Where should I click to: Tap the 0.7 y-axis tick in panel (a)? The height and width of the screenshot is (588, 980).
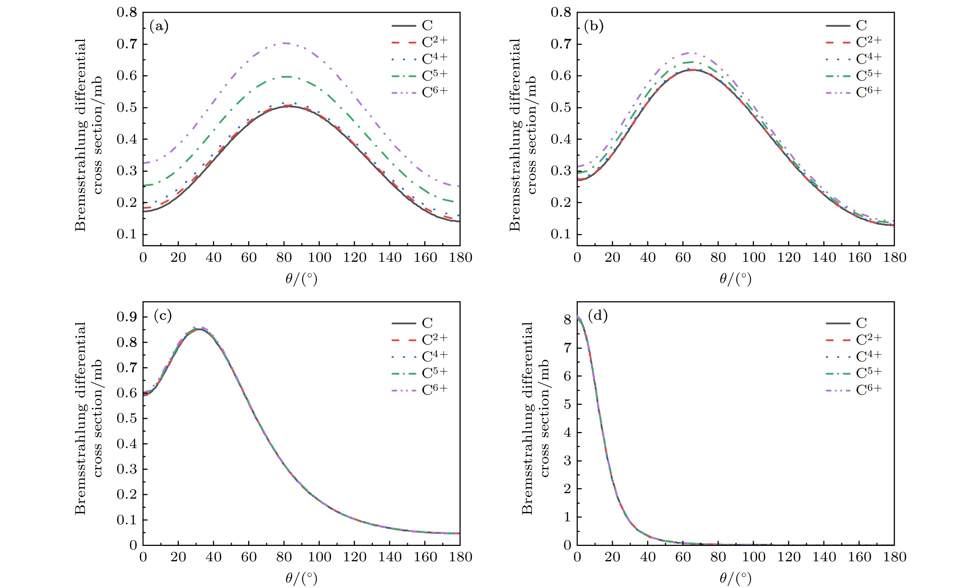(126, 44)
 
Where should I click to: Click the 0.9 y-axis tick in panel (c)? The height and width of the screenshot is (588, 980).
(126, 317)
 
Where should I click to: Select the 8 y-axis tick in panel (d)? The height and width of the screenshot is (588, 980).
(567, 319)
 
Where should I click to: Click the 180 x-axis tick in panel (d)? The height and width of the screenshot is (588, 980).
(894, 557)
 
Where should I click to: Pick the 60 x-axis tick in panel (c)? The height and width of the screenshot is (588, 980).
(249, 557)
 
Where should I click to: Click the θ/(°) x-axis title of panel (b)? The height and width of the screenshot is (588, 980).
(735, 279)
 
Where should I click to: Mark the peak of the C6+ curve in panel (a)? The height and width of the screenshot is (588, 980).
(284, 43)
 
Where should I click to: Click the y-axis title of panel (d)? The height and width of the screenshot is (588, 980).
(535, 418)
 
